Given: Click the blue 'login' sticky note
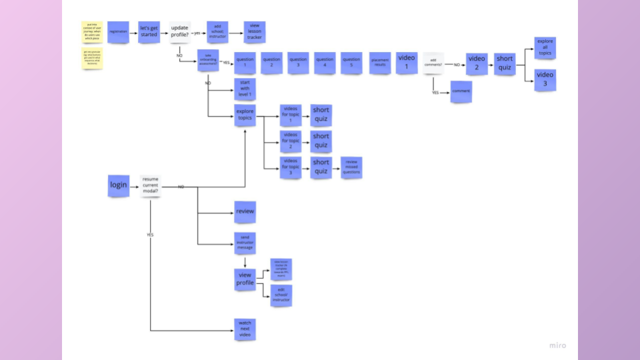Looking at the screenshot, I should pyautogui.click(x=119, y=185).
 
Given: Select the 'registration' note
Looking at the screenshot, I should pyautogui.click(x=118, y=32).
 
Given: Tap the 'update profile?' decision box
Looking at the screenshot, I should pyautogui.click(x=179, y=31).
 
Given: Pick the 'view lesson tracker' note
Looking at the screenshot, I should pyautogui.click(x=254, y=32).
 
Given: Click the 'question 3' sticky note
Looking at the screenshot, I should pyautogui.click(x=298, y=63).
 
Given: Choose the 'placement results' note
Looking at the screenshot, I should pyautogui.click(x=380, y=63).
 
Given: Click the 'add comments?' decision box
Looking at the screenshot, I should pyautogui.click(x=433, y=63).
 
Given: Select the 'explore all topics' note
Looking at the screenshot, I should pyautogui.click(x=545, y=48).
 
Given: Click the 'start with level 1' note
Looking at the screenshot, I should pyautogui.click(x=245, y=89).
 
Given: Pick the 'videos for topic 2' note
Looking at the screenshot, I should pyautogui.click(x=291, y=141).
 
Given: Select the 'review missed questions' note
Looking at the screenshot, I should pyautogui.click(x=351, y=167).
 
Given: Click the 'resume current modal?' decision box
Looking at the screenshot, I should pyautogui.click(x=151, y=186).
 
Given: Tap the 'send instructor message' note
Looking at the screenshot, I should pyautogui.click(x=245, y=243).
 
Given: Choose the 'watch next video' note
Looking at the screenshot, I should pyautogui.click(x=245, y=329).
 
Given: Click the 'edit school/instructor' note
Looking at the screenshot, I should pyautogui.click(x=281, y=295).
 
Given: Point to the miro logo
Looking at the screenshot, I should pyautogui.click(x=557, y=345).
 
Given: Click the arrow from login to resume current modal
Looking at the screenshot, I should pyautogui.click(x=134, y=186).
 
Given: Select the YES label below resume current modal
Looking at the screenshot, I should pyautogui.click(x=151, y=235).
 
